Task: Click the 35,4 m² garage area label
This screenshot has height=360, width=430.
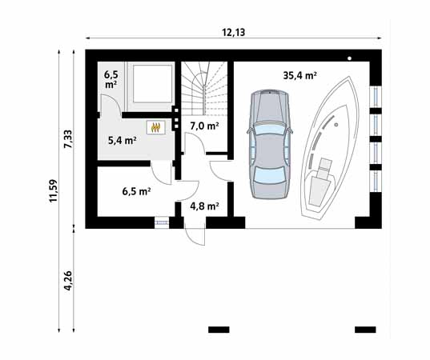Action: [299, 76]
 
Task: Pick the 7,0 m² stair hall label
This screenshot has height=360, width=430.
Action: [204, 126]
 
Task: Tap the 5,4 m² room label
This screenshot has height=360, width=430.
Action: [122, 140]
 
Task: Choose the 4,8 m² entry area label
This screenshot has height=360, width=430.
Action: [204, 206]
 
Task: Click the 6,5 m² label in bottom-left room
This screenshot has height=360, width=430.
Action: [136, 192]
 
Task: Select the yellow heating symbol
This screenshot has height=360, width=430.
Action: [156, 126]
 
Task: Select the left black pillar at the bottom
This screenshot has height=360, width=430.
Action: [219, 329]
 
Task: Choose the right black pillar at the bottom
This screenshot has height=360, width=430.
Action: [365, 329]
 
